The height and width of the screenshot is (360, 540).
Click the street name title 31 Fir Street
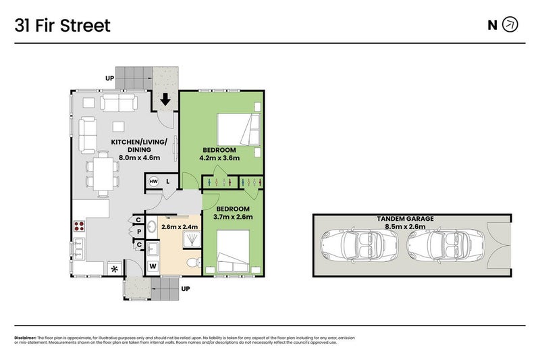pos(62,26)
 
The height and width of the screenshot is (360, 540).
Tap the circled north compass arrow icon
pos(511,26)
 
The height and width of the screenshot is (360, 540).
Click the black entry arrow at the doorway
pos(165,100)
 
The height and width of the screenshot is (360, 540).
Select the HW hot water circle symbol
pos(153,181)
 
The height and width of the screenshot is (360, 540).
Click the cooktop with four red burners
pos(78,227)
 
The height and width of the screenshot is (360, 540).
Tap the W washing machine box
pos(152,266)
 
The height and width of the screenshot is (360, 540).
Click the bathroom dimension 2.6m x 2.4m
pos(180,228)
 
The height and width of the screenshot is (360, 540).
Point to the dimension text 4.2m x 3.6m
pos(219,158)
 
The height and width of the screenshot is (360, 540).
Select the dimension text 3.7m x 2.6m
pos(233,217)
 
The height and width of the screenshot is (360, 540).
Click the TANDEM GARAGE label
pos(406,219)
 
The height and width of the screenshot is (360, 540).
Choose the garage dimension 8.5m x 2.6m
pos(406,227)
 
